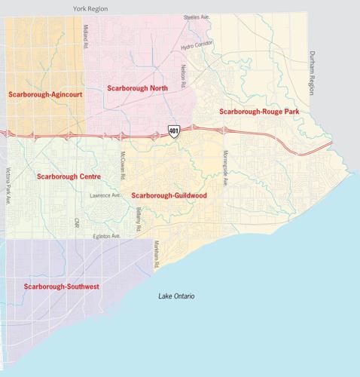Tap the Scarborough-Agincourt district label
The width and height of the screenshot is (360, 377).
45,95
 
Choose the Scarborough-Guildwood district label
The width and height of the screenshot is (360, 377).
169,195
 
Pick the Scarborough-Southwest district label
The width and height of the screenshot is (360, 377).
62,287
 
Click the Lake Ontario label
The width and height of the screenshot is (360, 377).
177,296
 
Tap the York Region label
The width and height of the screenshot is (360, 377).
90,8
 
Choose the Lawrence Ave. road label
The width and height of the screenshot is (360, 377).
105,195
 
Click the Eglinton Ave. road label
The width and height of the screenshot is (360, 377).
105,236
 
